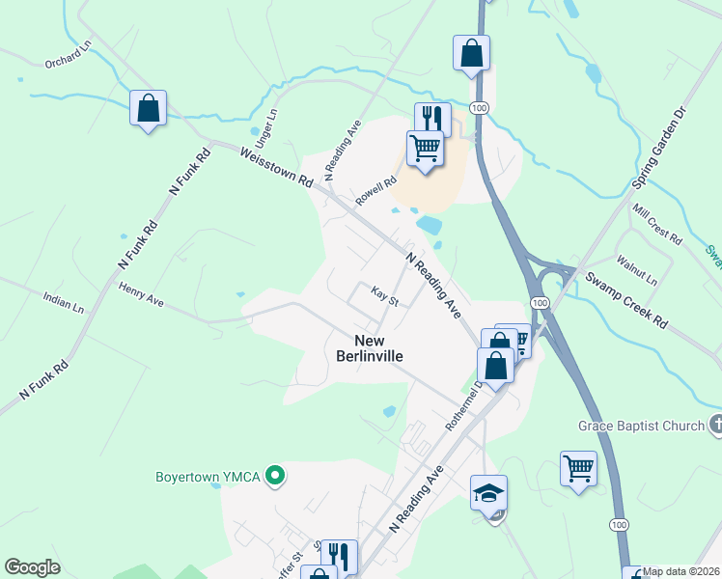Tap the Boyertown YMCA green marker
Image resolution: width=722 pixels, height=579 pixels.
tap(275, 475)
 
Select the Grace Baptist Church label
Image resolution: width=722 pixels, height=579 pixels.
tap(641, 425)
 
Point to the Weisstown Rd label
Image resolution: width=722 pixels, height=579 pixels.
tap(277, 167)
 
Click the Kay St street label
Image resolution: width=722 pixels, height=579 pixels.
tap(385, 298)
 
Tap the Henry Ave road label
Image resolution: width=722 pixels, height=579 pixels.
tap(141, 294)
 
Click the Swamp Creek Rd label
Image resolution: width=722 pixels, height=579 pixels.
tap(626, 302)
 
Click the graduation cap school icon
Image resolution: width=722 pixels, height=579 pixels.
tap(488, 492)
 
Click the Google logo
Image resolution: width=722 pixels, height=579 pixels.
tap(32, 567)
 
